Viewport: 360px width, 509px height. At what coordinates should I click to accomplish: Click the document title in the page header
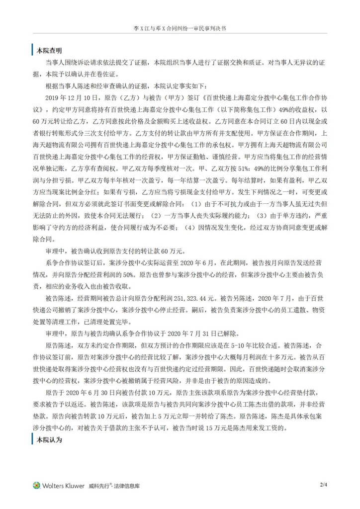point(180,23)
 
